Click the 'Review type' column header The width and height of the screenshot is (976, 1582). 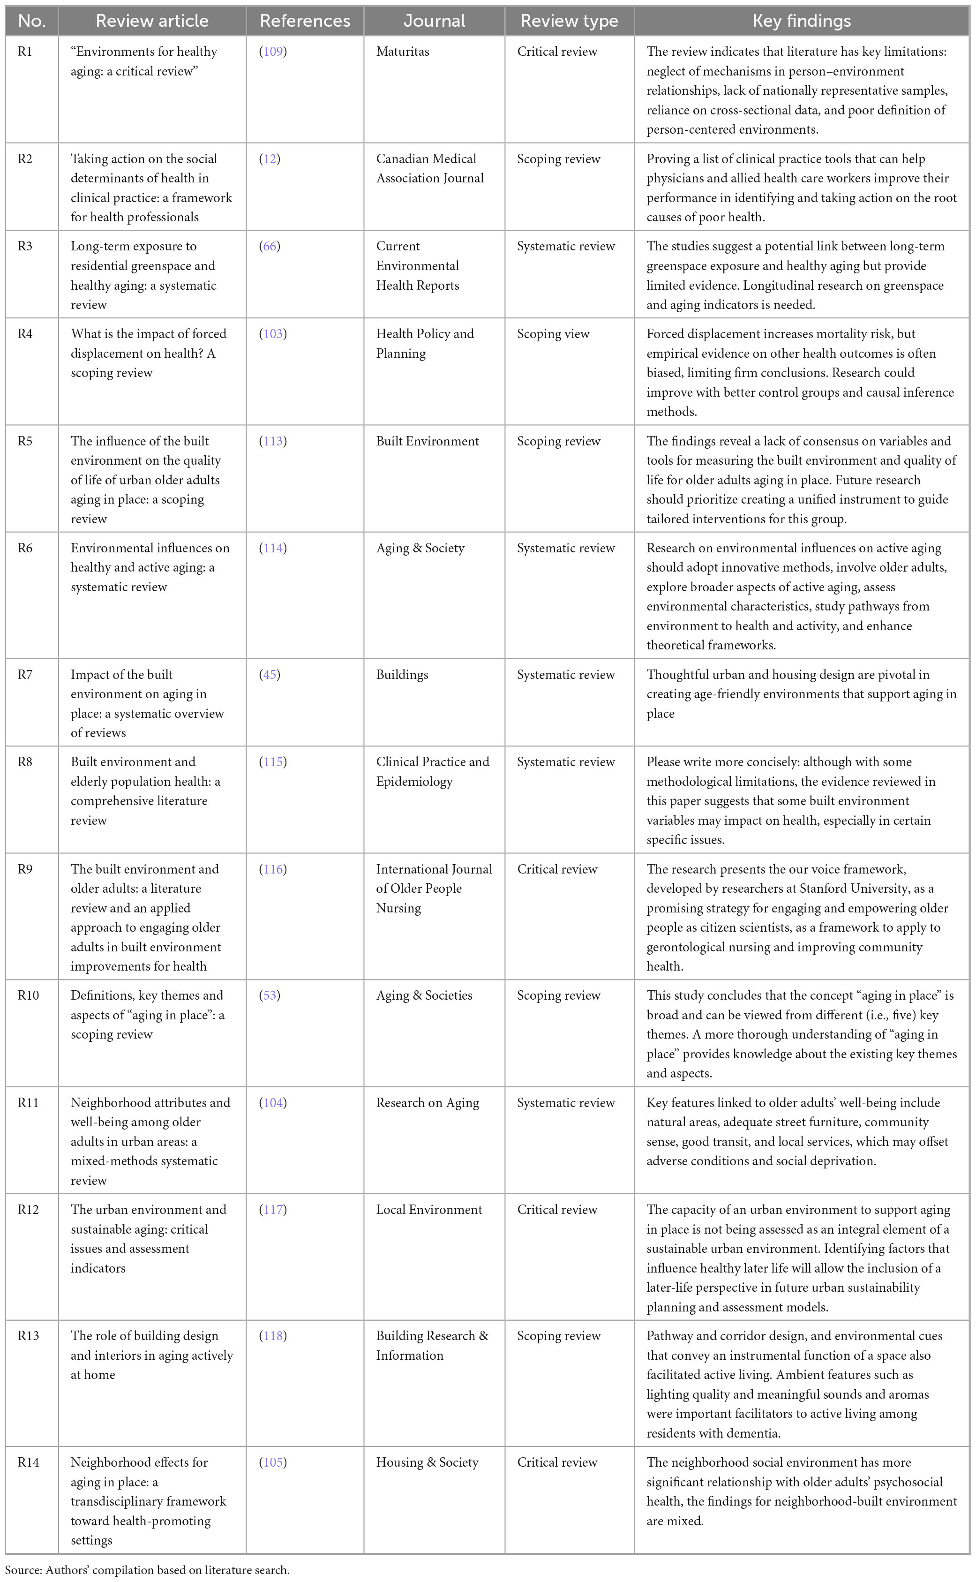click(569, 21)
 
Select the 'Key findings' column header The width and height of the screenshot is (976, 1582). click(801, 21)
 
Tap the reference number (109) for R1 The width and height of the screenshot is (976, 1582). click(273, 52)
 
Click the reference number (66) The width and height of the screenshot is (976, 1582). click(270, 246)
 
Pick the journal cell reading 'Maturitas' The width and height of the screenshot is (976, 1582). click(402, 52)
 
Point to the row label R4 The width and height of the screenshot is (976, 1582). click(24, 334)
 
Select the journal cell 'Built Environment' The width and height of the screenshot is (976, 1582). click(428, 441)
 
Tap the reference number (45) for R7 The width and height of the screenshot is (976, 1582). click(270, 675)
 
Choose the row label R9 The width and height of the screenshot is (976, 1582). click(24, 869)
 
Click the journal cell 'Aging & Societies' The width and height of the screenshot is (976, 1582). click(424, 995)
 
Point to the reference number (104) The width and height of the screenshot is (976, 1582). click(273, 1102)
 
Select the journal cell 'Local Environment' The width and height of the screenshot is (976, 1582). click(428, 1210)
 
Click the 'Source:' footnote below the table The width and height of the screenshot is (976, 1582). click(147, 1569)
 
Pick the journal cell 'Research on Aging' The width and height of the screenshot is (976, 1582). click(428, 1102)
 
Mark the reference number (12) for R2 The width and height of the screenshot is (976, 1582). click(270, 159)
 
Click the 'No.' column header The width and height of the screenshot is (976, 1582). click(31, 21)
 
